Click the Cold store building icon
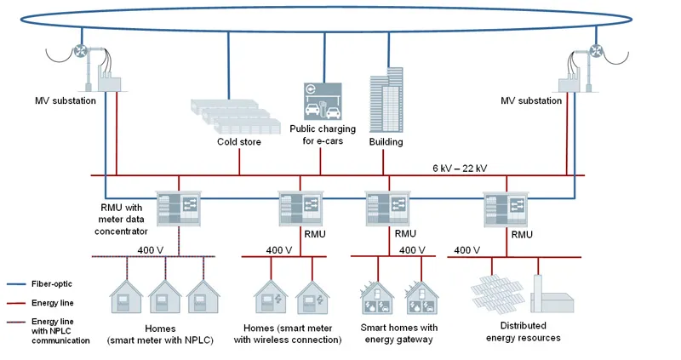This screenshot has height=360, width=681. point(234,114)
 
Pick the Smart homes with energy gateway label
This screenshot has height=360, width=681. point(399,332)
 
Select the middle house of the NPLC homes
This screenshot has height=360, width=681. point(163,296)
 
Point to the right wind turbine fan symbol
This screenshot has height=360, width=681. point(592,51)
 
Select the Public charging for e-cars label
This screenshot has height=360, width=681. point(316,134)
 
